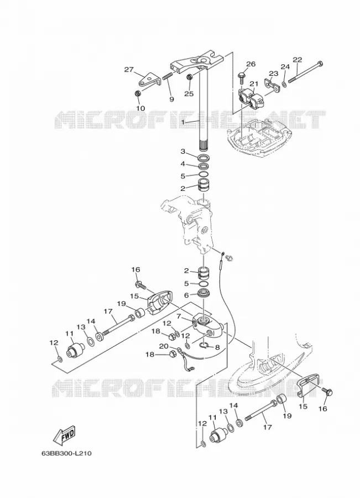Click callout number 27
coord(129,70)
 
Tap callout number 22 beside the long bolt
coord(298,60)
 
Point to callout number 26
coord(251,64)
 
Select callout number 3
coord(183,152)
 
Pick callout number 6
coord(187,295)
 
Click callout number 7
coord(179,317)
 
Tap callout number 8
coord(217,347)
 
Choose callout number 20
coord(164,346)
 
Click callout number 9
coord(171,100)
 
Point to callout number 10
coord(140,108)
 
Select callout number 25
coord(189,94)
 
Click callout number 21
coord(254,84)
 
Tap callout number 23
coord(273,74)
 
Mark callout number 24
coord(285,66)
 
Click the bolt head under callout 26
coord(242,77)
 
